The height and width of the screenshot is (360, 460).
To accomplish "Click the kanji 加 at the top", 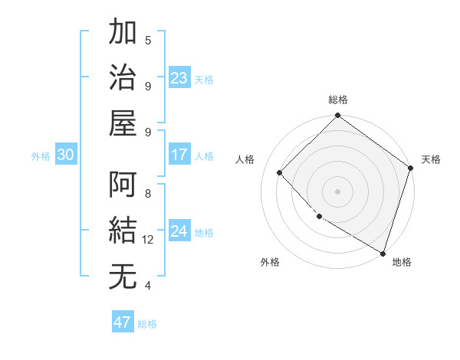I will (123, 34).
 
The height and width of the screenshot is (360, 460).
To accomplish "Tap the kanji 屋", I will (123, 123).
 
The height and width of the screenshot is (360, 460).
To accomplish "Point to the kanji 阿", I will (123, 185).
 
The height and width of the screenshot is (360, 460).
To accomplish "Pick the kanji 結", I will (123, 231).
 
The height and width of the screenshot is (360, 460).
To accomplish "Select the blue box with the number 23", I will (179, 78).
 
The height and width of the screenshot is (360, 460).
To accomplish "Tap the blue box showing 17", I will (179, 155).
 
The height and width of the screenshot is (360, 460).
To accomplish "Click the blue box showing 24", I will (179, 231).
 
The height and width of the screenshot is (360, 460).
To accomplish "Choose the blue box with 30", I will (66, 155).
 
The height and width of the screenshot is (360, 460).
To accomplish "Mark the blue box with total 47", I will (123, 322).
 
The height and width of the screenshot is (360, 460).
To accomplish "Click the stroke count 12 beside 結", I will (148, 240).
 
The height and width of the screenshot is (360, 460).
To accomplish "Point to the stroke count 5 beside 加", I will (148, 41).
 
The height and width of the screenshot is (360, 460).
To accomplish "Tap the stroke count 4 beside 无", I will (148, 286).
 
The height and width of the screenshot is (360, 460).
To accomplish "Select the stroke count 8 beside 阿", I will (148, 194).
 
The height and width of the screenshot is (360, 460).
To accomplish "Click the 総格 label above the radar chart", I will (338, 100).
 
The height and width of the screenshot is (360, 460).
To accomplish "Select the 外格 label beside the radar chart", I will (269, 262).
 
